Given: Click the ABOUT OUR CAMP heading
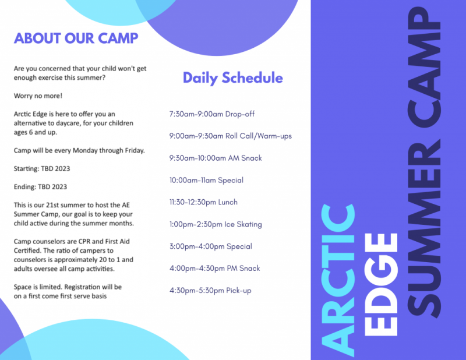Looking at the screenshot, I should (76, 38).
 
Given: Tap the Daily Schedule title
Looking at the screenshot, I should (232, 78).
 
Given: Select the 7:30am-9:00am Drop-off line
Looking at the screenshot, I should (211, 114).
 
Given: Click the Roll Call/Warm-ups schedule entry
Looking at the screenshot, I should (230, 136).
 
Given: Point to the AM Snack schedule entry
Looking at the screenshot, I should (216, 158).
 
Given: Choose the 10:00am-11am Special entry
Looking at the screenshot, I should (206, 181).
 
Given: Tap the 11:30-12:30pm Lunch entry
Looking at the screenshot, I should (203, 203).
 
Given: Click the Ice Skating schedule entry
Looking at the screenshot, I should (216, 225).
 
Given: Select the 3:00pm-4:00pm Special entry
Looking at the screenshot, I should (210, 247).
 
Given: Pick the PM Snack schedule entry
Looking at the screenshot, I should (214, 269).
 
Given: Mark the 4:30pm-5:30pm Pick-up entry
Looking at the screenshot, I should (210, 291).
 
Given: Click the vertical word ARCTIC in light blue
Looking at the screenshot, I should (338, 279).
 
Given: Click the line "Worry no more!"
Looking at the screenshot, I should (38, 96).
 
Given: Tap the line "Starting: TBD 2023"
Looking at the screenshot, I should (41, 169).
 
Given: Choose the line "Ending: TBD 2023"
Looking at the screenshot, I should (40, 187).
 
